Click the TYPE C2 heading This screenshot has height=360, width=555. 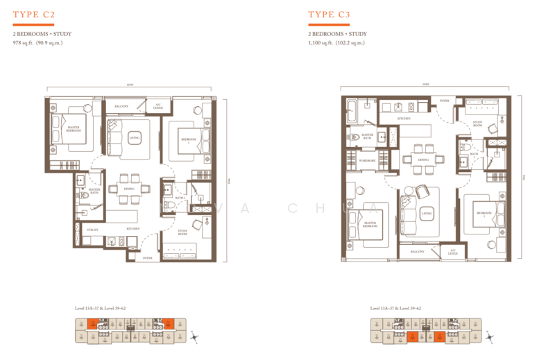click(34, 14)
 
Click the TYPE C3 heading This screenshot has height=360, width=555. click(330, 14)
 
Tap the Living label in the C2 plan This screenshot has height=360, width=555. click(135, 138)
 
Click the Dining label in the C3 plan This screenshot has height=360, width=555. click(422, 160)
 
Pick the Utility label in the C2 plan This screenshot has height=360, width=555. click(92, 229)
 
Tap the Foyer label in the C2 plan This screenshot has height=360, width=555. click(148, 257)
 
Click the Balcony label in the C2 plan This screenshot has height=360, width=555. click(121, 106)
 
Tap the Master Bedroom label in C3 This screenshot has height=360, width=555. click(368, 224)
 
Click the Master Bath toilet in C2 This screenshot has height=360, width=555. click(84, 196)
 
